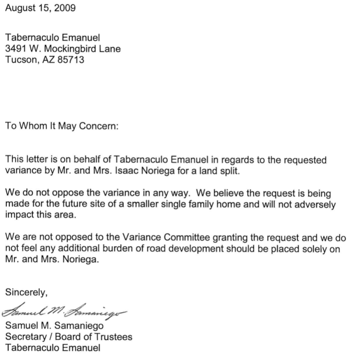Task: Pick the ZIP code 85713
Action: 71,60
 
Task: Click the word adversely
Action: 307,205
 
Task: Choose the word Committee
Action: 180,238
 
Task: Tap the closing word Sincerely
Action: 26,292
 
